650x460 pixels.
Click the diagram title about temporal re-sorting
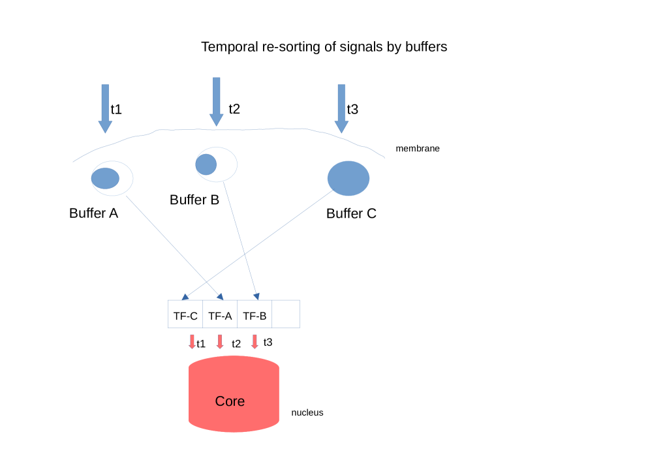coord(324,47)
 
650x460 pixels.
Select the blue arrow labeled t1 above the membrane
coord(105,108)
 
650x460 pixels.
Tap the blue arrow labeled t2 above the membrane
coord(216,101)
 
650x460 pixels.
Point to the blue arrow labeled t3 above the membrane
coord(341,108)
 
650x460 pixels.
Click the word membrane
coord(418,149)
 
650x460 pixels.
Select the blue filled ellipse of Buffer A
coord(105,177)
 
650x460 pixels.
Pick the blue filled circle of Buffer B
coord(206,164)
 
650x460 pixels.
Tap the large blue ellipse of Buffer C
coord(348,178)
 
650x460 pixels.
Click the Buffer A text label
coord(93,213)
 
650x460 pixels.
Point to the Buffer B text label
coord(194,200)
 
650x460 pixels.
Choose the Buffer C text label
coord(351,213)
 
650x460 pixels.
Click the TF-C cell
coord(185,316)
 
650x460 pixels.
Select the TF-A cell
coord(220,316)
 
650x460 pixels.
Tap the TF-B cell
coord(255,316)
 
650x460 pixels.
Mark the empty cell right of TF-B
coord(286,314)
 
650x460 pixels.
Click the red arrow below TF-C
coord(192,342)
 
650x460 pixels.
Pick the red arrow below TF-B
coord(255,342)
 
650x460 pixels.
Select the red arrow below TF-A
coord(220,342)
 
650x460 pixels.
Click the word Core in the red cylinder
coord(230,401)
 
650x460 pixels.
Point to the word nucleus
coord(307,413)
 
